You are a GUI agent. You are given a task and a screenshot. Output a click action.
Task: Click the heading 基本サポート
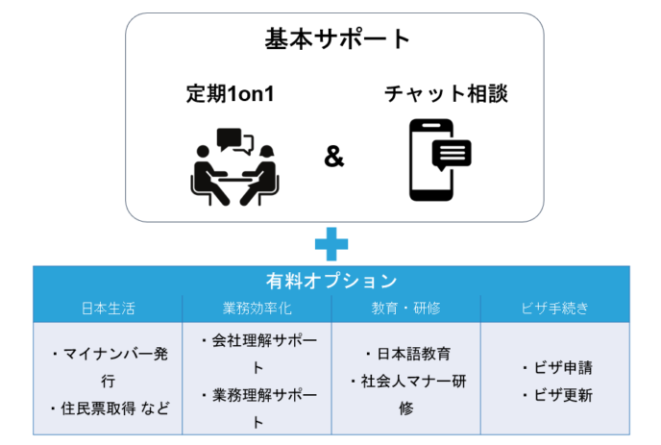click(x=337, y=39)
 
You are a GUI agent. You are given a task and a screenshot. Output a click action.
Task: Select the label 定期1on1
click(x=231, y=93)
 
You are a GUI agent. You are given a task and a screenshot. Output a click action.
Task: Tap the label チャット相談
click(x=446, y=93)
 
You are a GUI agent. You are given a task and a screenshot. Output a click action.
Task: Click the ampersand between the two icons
click(x=334, y=157)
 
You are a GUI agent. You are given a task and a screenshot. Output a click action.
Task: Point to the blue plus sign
click(x=331, y=244)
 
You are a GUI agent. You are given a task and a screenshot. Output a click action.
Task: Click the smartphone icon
click(x=431, y=160)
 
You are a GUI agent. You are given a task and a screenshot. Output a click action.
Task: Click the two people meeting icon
click(x=234, y=166)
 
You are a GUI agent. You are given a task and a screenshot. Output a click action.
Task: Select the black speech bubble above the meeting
click(x=229, y=138)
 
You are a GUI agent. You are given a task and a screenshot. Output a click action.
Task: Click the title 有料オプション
click(x=331, y=281)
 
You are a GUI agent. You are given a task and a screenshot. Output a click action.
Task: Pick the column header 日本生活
click(x=108, y=309)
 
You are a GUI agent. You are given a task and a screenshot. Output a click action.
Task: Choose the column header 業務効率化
click(x=257, y=309)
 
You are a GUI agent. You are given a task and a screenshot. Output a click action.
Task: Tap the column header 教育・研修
click(x=406, y=309)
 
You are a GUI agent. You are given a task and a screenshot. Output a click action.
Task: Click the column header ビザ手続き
click(x=554, y=309)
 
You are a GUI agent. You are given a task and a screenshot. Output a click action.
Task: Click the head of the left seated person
click(x=203, y=152)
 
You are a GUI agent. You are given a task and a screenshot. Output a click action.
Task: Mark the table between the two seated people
click(x=234, y=179)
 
